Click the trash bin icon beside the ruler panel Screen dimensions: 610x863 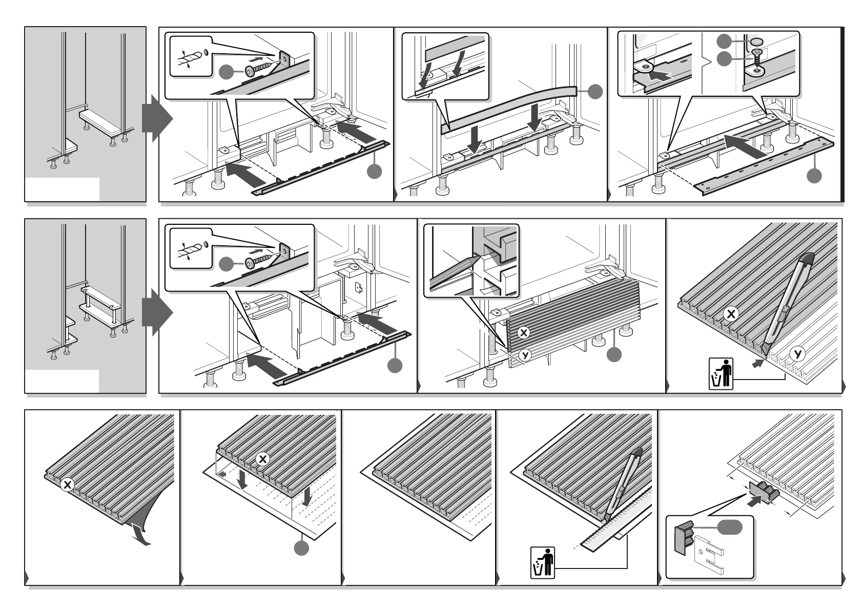coord(542,563)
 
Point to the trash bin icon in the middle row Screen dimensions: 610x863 coord(721,374)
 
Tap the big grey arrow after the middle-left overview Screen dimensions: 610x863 coord(156,311)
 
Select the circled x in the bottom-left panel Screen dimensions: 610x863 coord(67,485)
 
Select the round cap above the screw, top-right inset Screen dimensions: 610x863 coord(756,41)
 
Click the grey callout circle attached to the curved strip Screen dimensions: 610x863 coord(595,92)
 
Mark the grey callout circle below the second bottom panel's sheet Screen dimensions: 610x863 coord(302,548)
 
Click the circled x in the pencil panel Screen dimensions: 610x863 coord(523,333)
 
